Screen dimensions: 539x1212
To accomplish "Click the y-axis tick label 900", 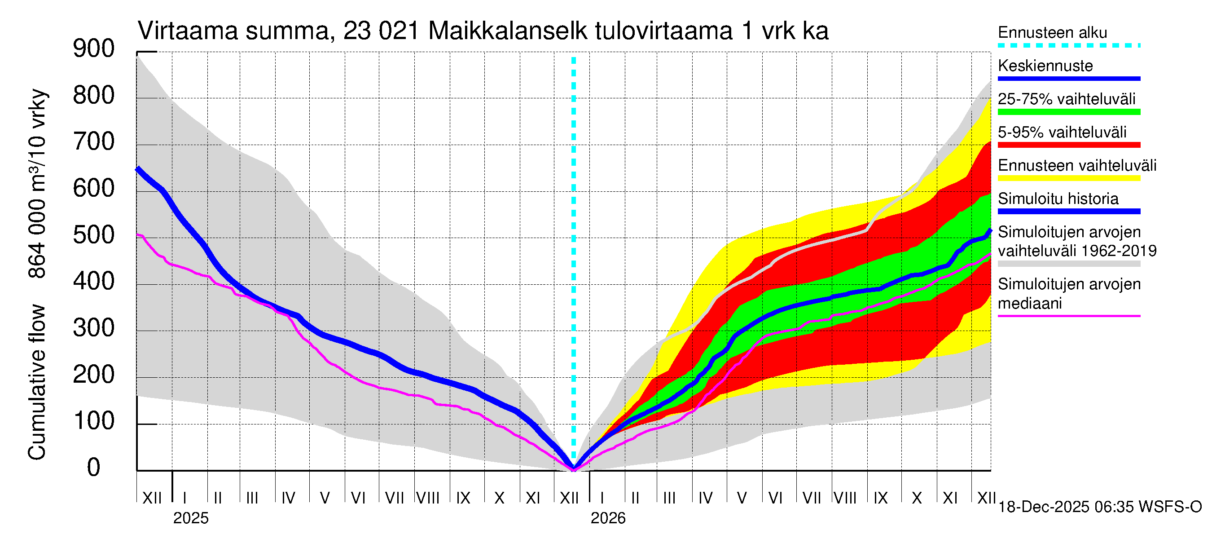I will [94, 49].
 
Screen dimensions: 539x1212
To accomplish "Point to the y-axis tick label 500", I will [94, 235].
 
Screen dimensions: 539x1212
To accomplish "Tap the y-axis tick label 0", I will [94, 468].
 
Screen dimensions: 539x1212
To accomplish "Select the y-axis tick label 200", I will [94, 375].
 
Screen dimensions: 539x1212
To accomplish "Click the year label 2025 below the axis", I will [190, 518].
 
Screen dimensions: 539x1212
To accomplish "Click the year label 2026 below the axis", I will [608, 518].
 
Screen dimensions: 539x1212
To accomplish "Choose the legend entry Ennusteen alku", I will [1052, 33].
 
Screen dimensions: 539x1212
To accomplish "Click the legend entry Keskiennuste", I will [1045, 66].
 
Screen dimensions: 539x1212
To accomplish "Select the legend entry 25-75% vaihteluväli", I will [1066, 99].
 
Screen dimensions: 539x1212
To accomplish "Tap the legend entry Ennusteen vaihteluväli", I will [1077, 166].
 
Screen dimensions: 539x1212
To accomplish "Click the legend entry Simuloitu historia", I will [1058, 199].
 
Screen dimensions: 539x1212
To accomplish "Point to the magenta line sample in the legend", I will [1068, 316].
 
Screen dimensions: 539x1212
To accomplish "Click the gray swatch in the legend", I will [1068, 264].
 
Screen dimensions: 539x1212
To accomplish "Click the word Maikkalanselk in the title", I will [508, 31].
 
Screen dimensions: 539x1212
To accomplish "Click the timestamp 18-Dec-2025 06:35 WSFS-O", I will [1099, 507].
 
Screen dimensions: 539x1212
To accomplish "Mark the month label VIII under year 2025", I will [428, 498].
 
